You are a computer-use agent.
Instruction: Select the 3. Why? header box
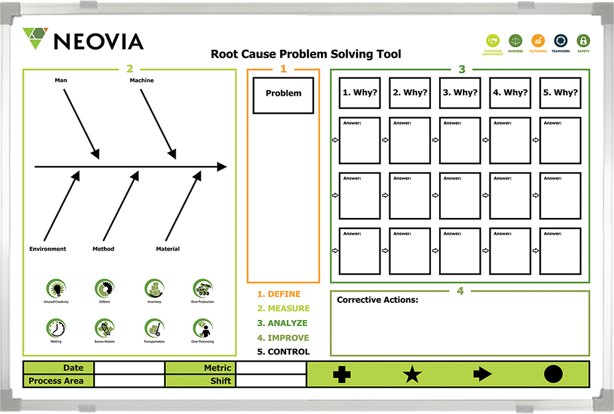(x=460, y=93)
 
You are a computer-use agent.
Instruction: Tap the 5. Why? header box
(x=560, y=93)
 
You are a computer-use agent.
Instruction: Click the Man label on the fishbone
(x=61, y=80)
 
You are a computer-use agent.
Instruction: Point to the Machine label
(x=142, y=80)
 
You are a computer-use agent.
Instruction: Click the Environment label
(x=48, y=249)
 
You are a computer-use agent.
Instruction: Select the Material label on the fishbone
(x=168, y=249)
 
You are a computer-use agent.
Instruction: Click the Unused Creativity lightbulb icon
(x=56, y=288)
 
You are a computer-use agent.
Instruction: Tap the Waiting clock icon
(x=56, y=328)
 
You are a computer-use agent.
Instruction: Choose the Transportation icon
(x=154, y=328)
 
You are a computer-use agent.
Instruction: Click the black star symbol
(x=412, y=374)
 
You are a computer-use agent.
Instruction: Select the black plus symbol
(x=342, y=374)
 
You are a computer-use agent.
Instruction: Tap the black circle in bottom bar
(x=553, y=374)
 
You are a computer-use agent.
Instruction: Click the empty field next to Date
(x=129, y=368)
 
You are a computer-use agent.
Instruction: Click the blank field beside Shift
(x=271, y=381)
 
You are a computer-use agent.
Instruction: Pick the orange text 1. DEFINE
(x=279, y=294)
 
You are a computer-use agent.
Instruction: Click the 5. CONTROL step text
(x=283, y=352)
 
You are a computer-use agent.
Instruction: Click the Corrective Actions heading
(x=377, y=300)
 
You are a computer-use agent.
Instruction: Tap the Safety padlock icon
(x=584, y=41)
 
